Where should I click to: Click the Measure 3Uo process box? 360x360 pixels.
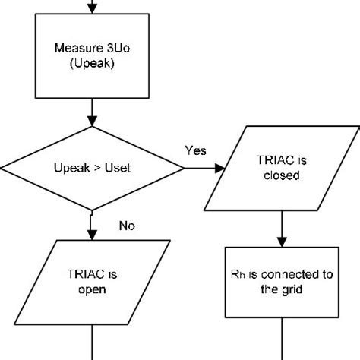tap(91, 56)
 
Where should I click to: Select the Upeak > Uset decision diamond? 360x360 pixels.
tap(91, 166)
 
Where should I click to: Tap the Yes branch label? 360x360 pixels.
tap(195, 150)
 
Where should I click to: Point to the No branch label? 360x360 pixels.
tap(128, 226)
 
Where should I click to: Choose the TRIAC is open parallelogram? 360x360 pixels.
tap(91, 281)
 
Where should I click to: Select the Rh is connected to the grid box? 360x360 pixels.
tap(282, 281)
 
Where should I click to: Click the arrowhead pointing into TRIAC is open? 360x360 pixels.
tap(92, 235)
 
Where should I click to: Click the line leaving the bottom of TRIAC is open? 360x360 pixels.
tap(92, 342)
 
